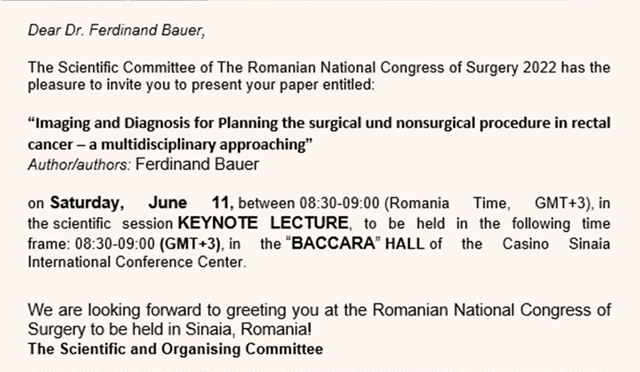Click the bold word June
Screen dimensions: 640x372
pyautogui.click(x=168, y=203)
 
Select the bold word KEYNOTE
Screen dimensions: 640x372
pyautogui.click(x=218, y=223)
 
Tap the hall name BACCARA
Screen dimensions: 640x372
pyautogui.click(x=333, y=244)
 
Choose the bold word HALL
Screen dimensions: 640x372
pyautogui.click(x=404, y=244)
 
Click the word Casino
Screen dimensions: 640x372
pyautogui.click(x=525, y=244)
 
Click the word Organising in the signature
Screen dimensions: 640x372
pyautogui.click(x=200, y=349)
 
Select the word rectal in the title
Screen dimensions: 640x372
pyautogui.click(x=591, y=123)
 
